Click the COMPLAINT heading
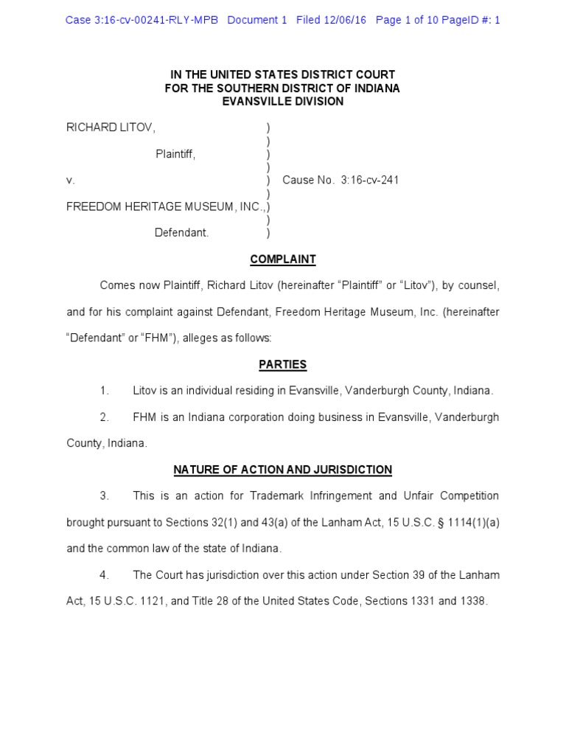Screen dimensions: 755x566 coord(283,260)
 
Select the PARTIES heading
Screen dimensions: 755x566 coord(283,364)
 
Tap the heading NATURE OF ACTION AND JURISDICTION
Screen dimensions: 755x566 coord(283,470)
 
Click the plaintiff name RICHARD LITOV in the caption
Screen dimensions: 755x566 coord(111,128)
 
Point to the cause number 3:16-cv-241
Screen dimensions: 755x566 coord(370,180)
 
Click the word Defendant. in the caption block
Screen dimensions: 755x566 coord(182,233)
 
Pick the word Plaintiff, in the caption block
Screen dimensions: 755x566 coord(175,154)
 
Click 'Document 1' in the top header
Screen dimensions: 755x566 coord(257,20)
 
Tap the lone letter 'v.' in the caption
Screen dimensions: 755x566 coord(70,180)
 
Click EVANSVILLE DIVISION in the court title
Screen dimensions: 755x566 coord(283,101)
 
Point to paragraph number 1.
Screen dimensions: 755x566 coord(105,391)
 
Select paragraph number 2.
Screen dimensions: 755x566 coord(105,417)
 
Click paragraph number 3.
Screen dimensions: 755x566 coord(105,495)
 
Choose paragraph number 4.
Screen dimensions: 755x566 coord(105,574)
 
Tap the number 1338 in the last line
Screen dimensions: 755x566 coord(472,601)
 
